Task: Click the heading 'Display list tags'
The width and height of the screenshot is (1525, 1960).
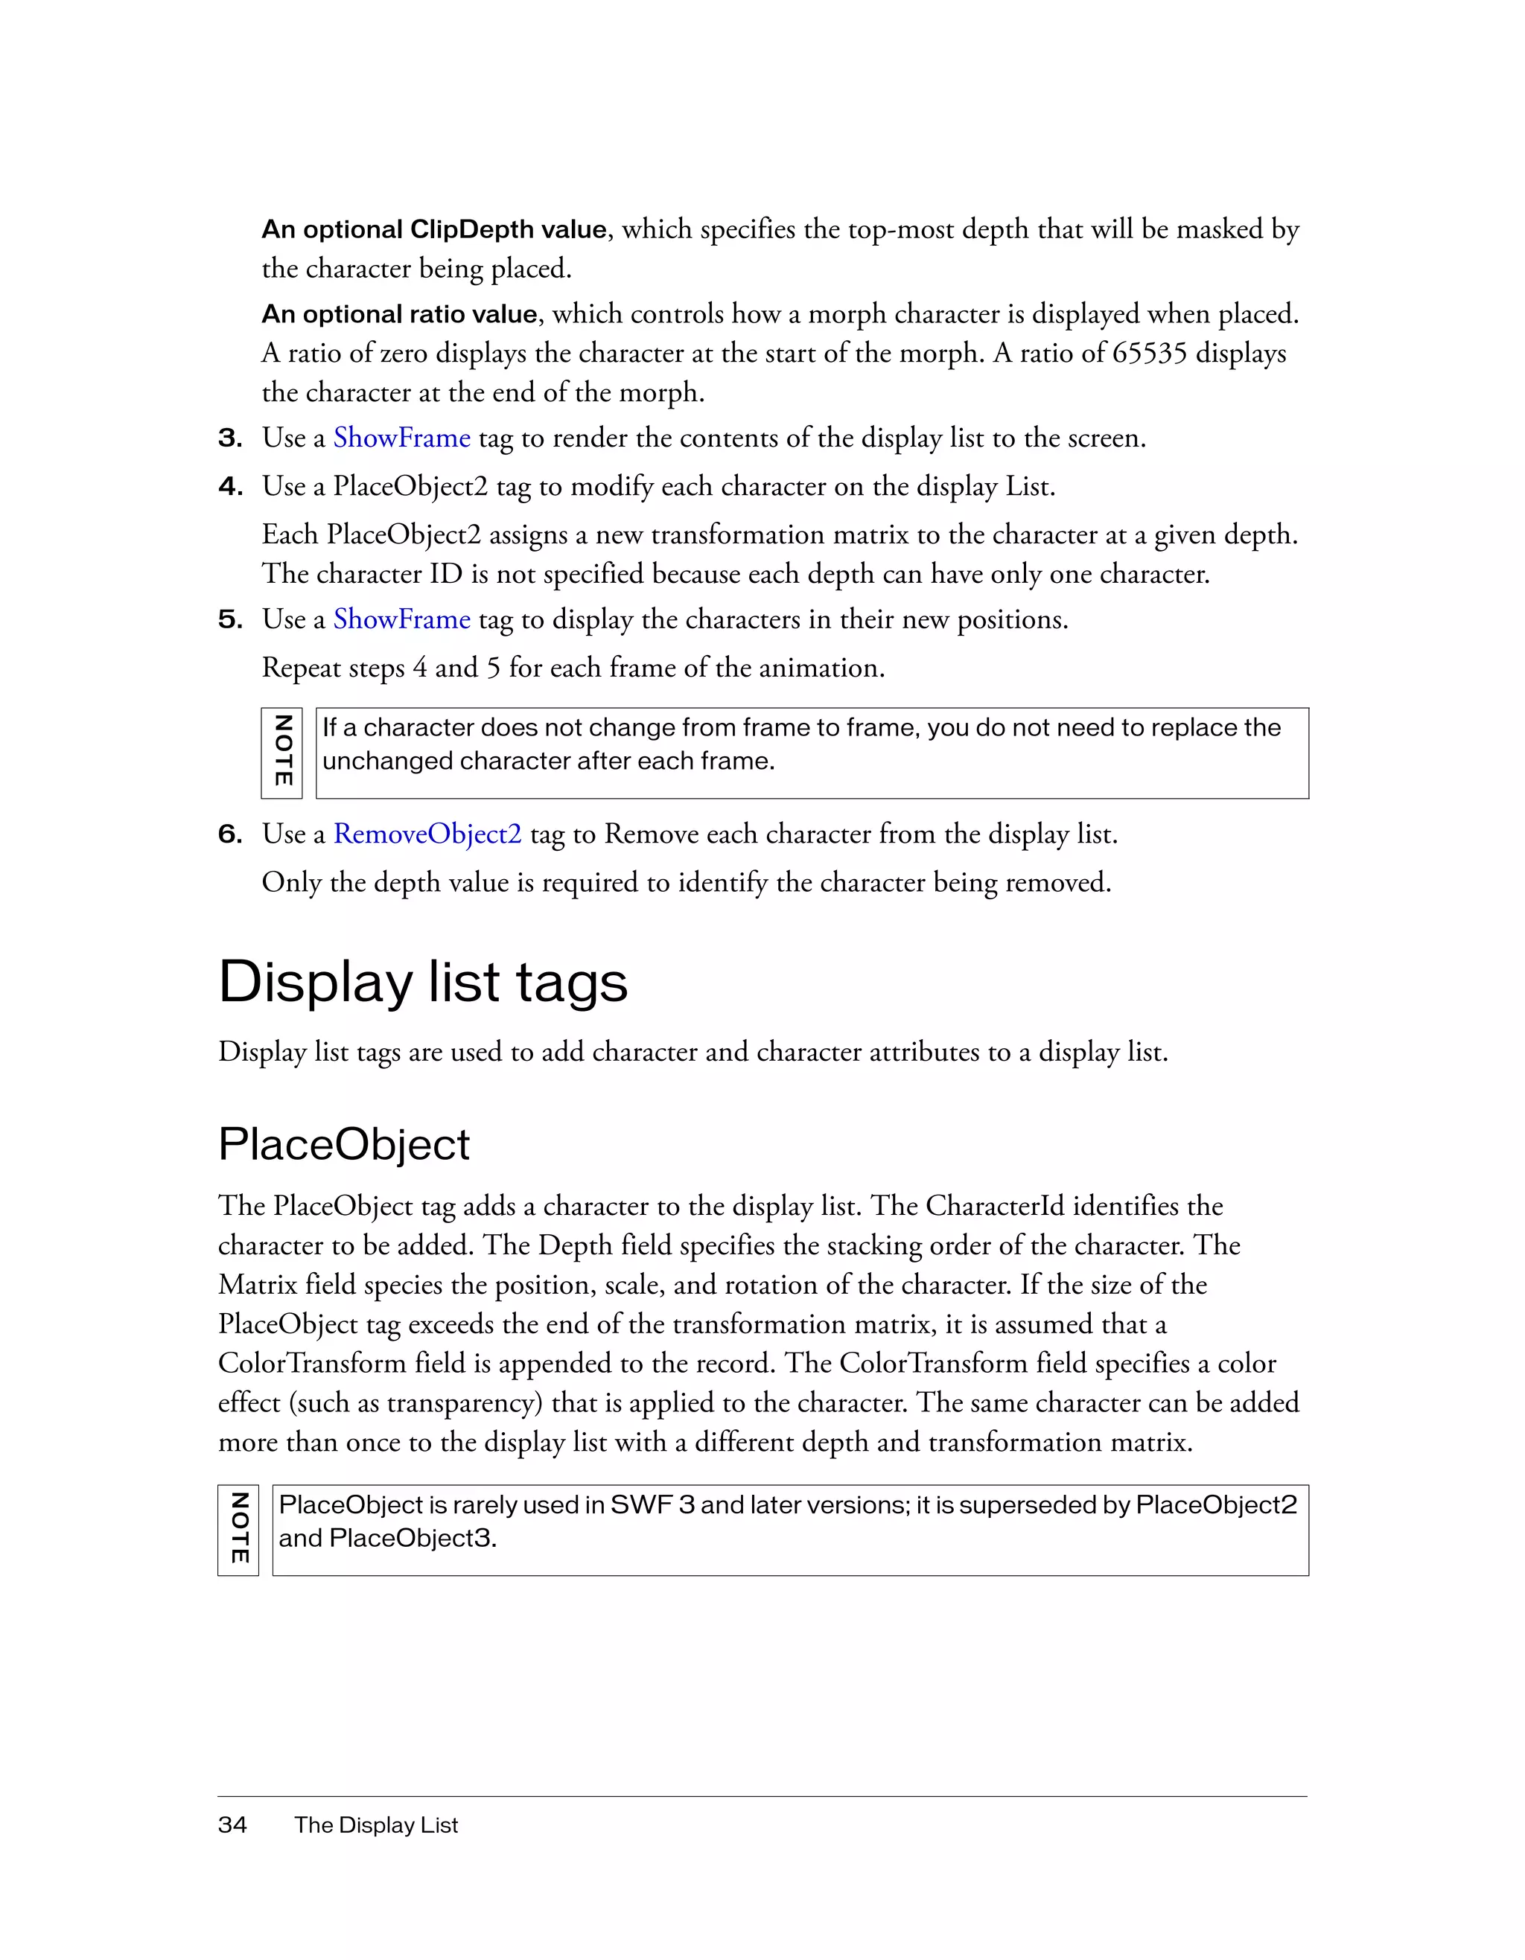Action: (x=423, y=982)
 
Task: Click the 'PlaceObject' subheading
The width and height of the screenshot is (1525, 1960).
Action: (x=344, y=1144)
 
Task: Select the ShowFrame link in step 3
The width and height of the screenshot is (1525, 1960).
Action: (x=401, y=438)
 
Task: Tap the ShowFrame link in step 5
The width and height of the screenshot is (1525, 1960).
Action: (x=401, y=619)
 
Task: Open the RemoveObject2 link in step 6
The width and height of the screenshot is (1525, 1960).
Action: (x=427, y=834)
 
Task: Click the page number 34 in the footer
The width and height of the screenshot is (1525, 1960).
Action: (x=232, y=1825)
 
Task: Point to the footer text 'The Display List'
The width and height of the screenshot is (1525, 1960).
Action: (x=376, y=1825)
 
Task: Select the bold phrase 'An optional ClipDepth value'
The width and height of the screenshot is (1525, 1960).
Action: (x=434, y=230)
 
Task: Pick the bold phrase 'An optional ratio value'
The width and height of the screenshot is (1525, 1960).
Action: (x=399, y=314)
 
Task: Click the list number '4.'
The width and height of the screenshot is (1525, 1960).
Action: (x=231, y=486)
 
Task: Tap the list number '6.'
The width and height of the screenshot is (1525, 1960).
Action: (x=231, y=834)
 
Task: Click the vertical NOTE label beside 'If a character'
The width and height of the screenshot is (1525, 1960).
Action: (x=282, y=752)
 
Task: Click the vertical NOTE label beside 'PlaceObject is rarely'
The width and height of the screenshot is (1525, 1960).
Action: (x=239, y=1528)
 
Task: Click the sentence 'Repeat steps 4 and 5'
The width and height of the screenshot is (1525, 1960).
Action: (x=573, y=668)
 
